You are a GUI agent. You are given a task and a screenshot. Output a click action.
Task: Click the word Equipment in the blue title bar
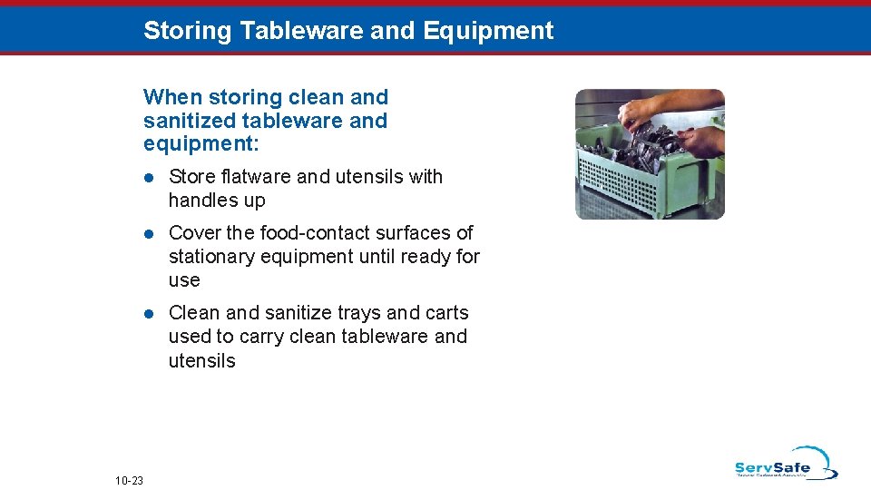coord(487,31)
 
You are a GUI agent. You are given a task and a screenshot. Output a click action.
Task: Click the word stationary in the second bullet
coord(211,257)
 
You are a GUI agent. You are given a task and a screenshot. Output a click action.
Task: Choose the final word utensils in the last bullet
coord(201,361)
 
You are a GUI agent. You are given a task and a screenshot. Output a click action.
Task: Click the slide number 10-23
coord(130,480)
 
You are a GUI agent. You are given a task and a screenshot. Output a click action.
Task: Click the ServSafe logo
coord(785,464)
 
